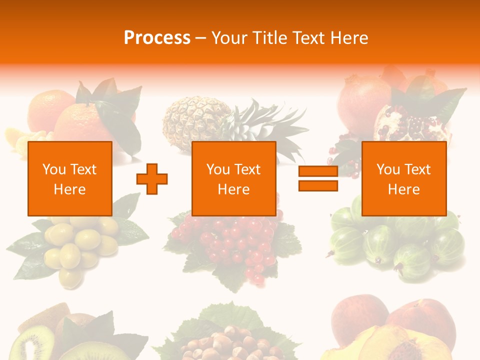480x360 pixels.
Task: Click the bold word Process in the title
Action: [x=157, y=38]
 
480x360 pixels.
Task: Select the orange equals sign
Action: [x=318, y=179]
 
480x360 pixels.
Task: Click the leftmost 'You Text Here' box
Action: [x=70, y=179]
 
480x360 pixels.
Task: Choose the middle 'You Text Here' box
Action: [x=234, y=179]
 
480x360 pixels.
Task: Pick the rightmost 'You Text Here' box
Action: [x=404, y=179]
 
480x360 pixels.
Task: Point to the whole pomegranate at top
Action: [x=362, y=100]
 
